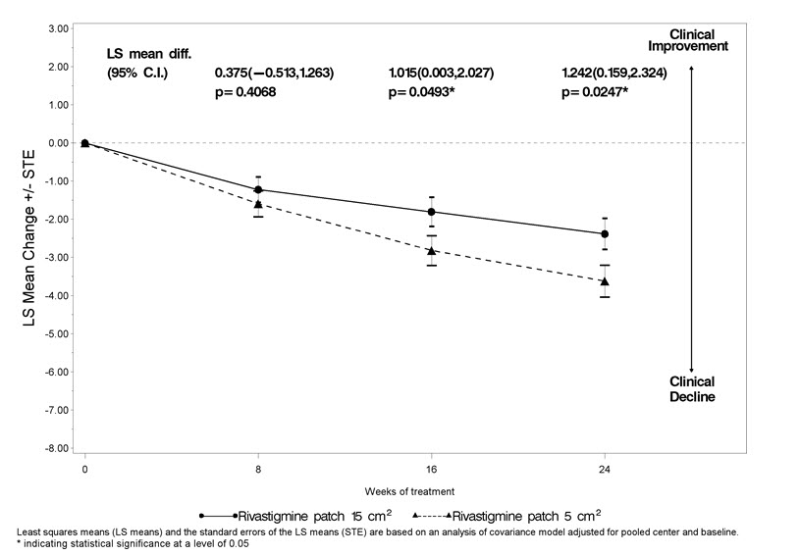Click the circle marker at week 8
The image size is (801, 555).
[258, 189]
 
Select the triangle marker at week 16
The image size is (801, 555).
[431, 250]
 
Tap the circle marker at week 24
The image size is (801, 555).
[605, 234]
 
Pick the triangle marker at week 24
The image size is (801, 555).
[605, 281]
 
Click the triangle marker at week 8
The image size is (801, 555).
[258, 204]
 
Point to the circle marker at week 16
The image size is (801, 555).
[431, 212]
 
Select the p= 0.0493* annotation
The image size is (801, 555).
[423, 92]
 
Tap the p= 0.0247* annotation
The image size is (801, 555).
[596, 92]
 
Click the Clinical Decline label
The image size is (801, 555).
[692, 389]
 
